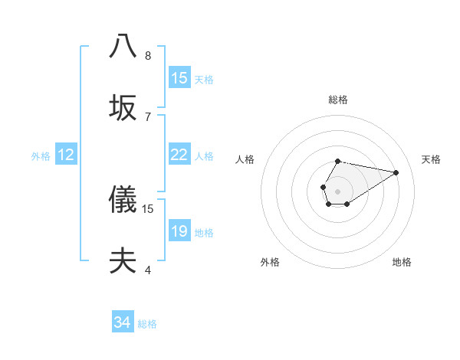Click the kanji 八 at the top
click(123, 46)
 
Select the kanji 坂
click(123, 108)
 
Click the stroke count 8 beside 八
click(148, 55)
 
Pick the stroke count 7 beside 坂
click(148, 116)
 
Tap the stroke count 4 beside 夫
click(148, 270)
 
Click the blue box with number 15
click(179, 78)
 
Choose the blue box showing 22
click(179, 155)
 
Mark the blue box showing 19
click(179, 231)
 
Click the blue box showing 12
click(66, 155)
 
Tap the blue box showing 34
click(123, 322)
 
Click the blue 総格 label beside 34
click(147, 324)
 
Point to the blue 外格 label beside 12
click(41, 156)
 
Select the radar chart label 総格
click(338, 100)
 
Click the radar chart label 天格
click(431, 159)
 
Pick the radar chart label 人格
click(245, 159)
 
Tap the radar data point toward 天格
click(396, 172)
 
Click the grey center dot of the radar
click(337, 190)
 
